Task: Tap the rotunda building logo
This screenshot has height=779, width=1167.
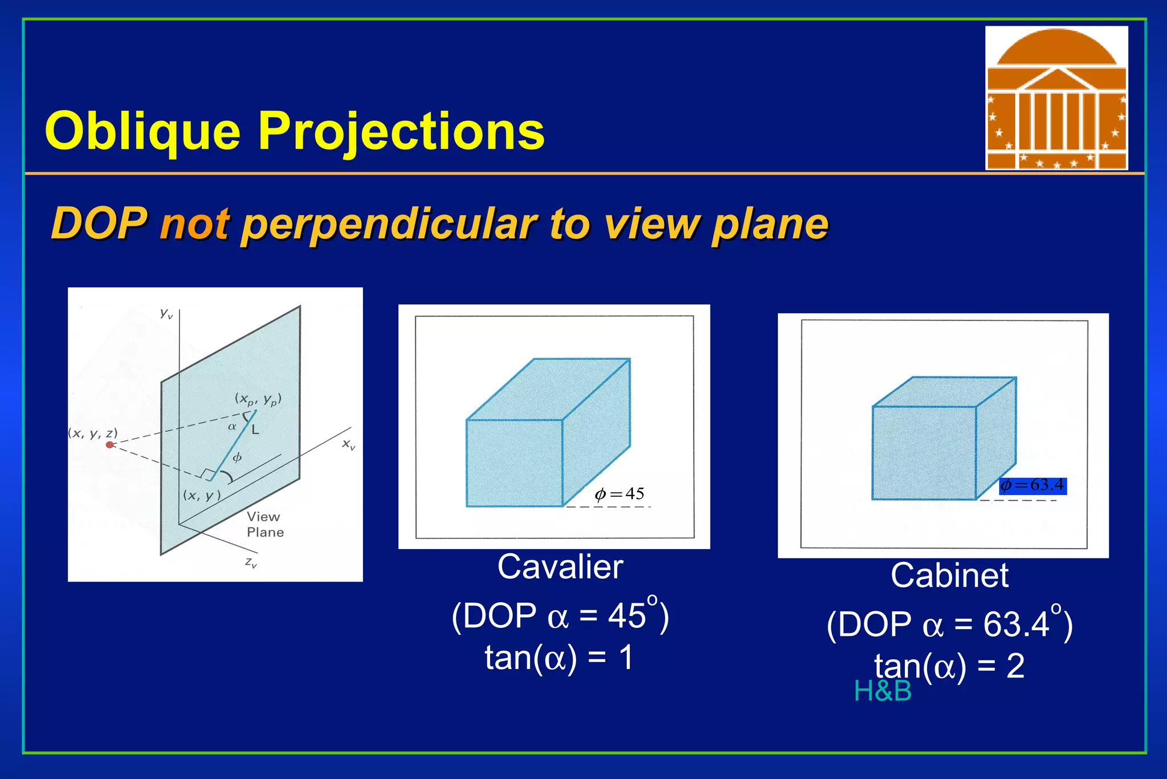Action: click(x=1056, y=98)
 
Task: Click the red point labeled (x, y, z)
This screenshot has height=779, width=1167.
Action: click(x=110, y=444)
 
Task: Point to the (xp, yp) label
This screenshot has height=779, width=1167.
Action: click(x=258, y=399)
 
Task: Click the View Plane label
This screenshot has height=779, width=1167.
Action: click(x=264, y=524)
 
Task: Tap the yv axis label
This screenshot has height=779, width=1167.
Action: click(x=166, y=313)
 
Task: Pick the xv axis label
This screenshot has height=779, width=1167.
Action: click(x=348, y=444)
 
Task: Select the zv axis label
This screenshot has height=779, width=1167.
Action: click(x=251, y=562)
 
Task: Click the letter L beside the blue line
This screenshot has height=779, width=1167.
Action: click(x=255, y=430)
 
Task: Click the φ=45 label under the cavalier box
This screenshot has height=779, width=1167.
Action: click(x=619, y=494)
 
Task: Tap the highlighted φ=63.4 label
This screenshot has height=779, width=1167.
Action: click(x=1033, y=485)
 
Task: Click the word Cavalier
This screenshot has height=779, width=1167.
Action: click(x=560, y=567)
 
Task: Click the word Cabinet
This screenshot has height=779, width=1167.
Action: click(x=949, y=575)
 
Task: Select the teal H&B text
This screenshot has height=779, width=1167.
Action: click(x=882, y=691)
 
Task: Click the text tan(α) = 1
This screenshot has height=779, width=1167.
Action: click(x=558, y=658)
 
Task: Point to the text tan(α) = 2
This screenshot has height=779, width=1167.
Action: click(x=949, y=666)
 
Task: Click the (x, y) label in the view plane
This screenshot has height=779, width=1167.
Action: click(x=201, y=495)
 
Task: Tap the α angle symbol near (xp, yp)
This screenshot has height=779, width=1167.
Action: click(x=232, y=427)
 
